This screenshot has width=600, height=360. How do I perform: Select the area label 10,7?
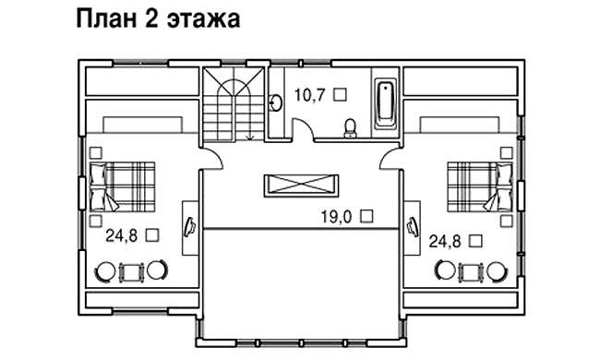(x=309, y=93)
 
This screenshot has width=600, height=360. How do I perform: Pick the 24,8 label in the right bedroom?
(x=447, y=241)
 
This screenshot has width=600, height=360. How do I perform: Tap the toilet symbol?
(x=350, y=128)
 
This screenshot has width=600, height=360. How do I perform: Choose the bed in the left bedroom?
(x=127, y=186)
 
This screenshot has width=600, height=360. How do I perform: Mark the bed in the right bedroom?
(x=478, y=186)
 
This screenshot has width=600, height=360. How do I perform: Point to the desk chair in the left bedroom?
(x=190, y=226)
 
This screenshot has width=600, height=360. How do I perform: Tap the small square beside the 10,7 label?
(x=339, y=93)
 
